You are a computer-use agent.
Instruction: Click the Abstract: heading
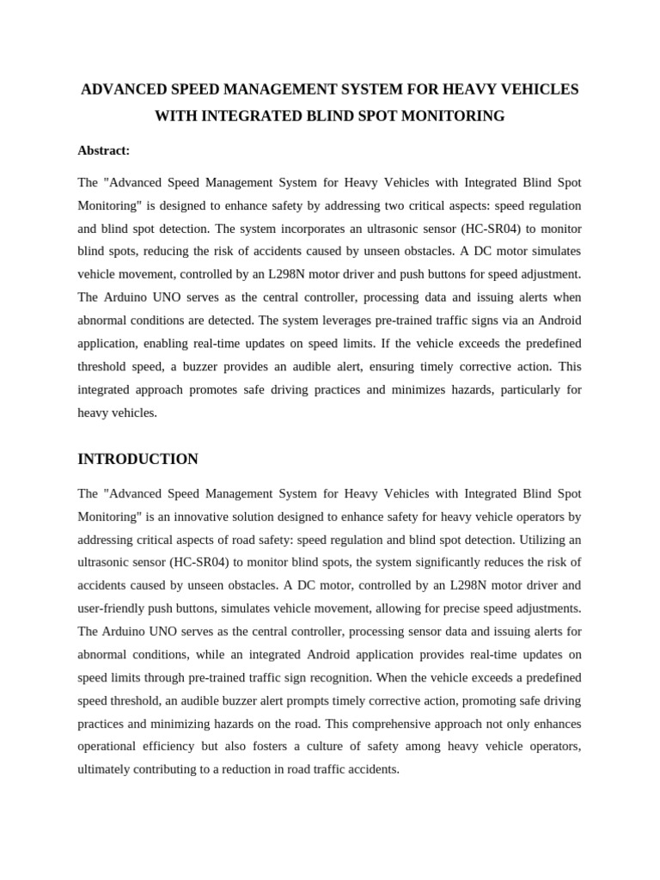coord(104,150)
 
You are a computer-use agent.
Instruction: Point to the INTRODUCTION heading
coord(137,459)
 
